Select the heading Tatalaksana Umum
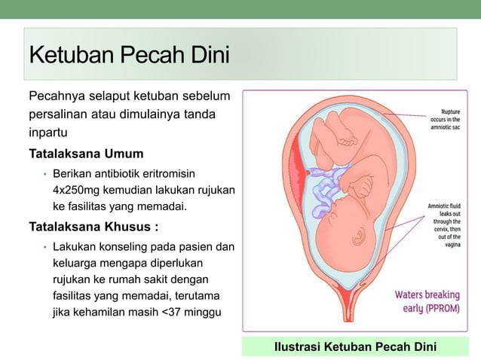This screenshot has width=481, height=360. [x=86, y=154]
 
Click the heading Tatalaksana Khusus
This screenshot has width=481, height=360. [x=93, y=227]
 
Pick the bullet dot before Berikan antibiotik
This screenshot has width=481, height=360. [x=44, y=175]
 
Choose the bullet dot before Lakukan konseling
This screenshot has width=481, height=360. [x=44, y=248]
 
